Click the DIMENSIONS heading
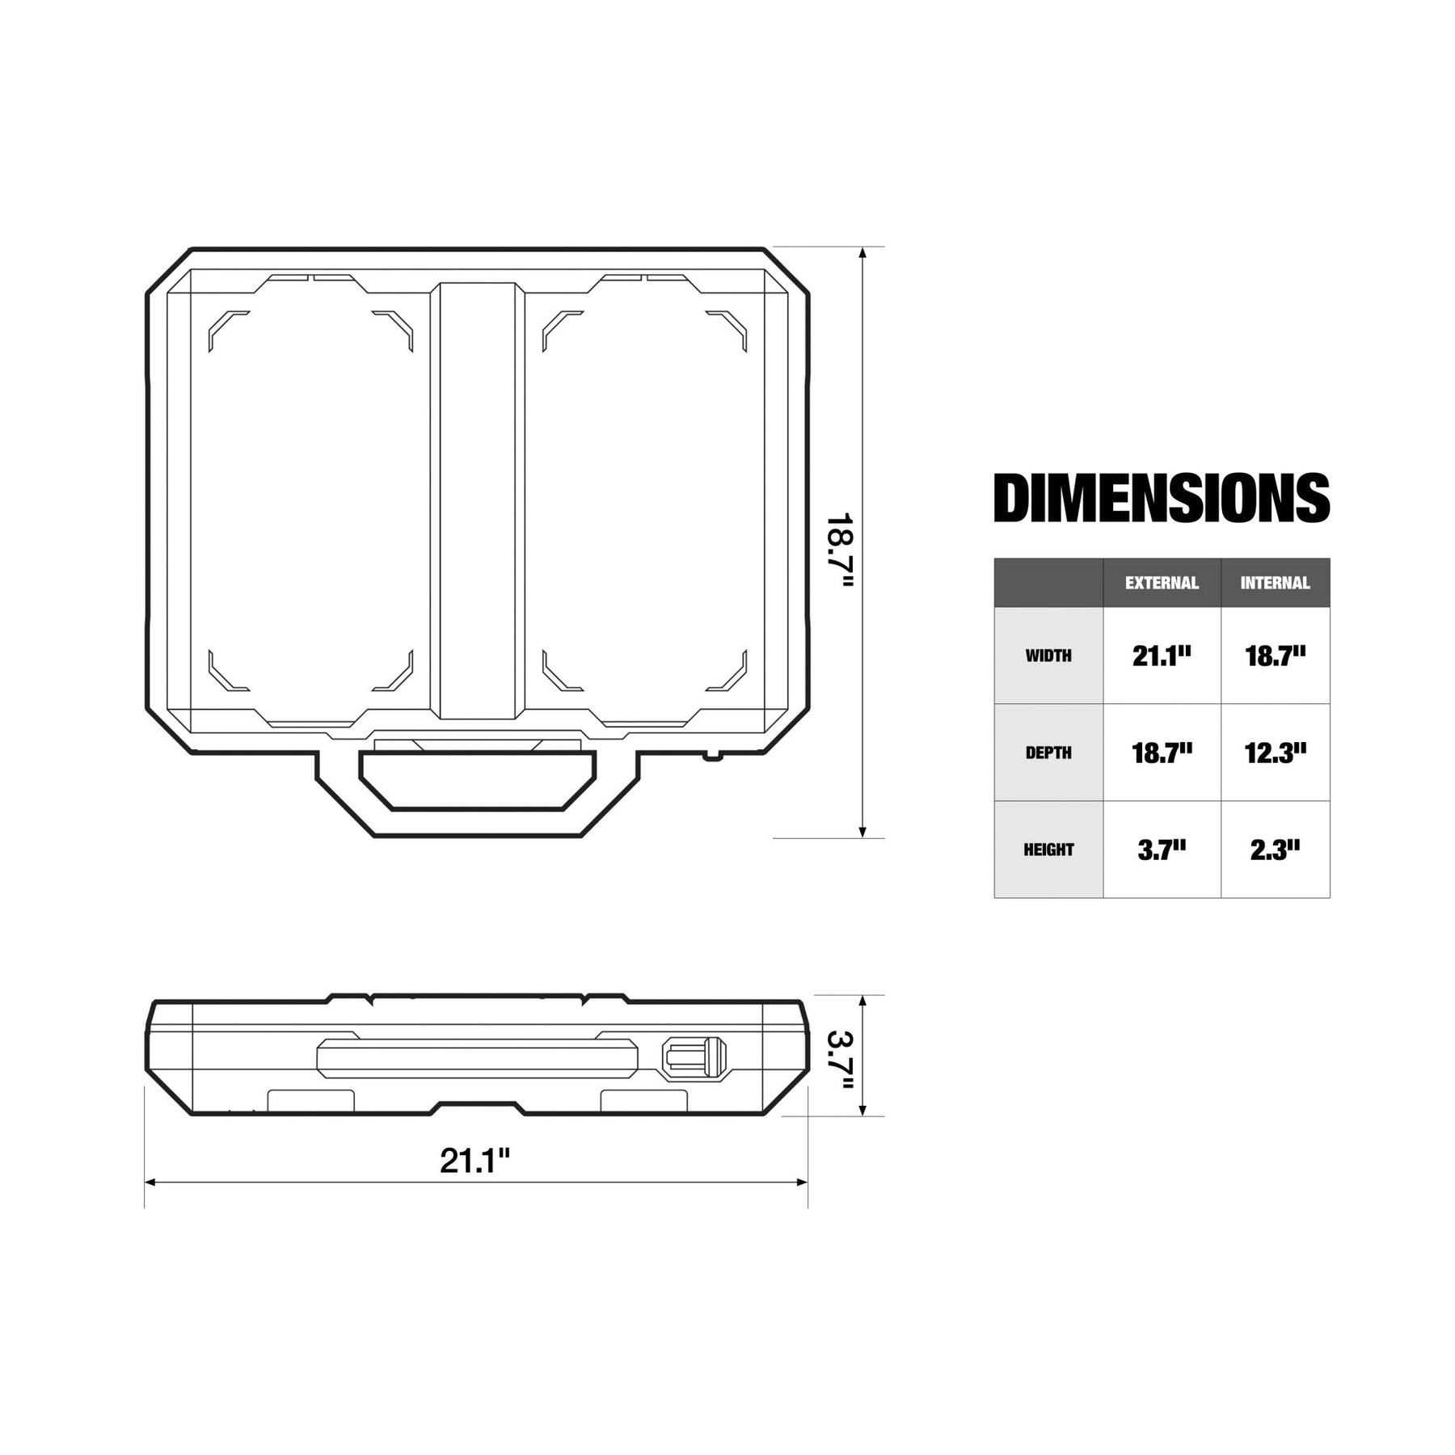click(1162, 498)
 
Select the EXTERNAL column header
click(1162, 583)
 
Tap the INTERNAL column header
click(1275, 583)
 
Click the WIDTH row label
click(1048, 656)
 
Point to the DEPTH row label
click(1048, 753)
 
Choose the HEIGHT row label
click(1048, 850)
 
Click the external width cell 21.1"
click(1162, 656)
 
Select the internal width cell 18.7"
click(1275, 656)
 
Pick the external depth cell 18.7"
click(1162, 753)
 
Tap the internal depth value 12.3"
click(1275, 753)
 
